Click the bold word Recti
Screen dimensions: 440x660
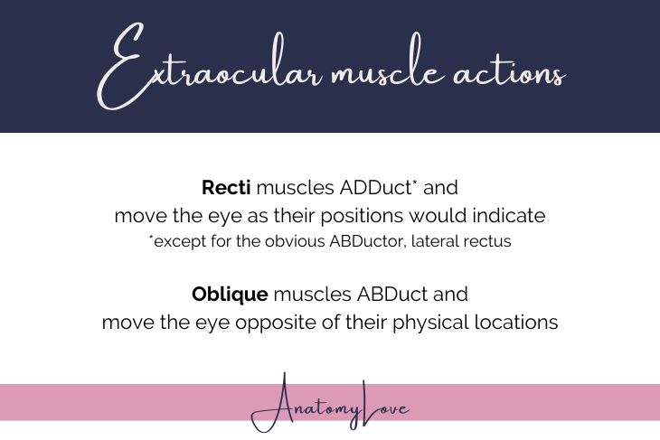click(228, 189)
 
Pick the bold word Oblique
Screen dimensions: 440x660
click(229, 295)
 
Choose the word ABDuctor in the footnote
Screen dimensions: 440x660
click(353, 241)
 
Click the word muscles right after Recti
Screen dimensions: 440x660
click(289, 189)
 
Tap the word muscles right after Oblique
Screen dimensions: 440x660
click(306, 295)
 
